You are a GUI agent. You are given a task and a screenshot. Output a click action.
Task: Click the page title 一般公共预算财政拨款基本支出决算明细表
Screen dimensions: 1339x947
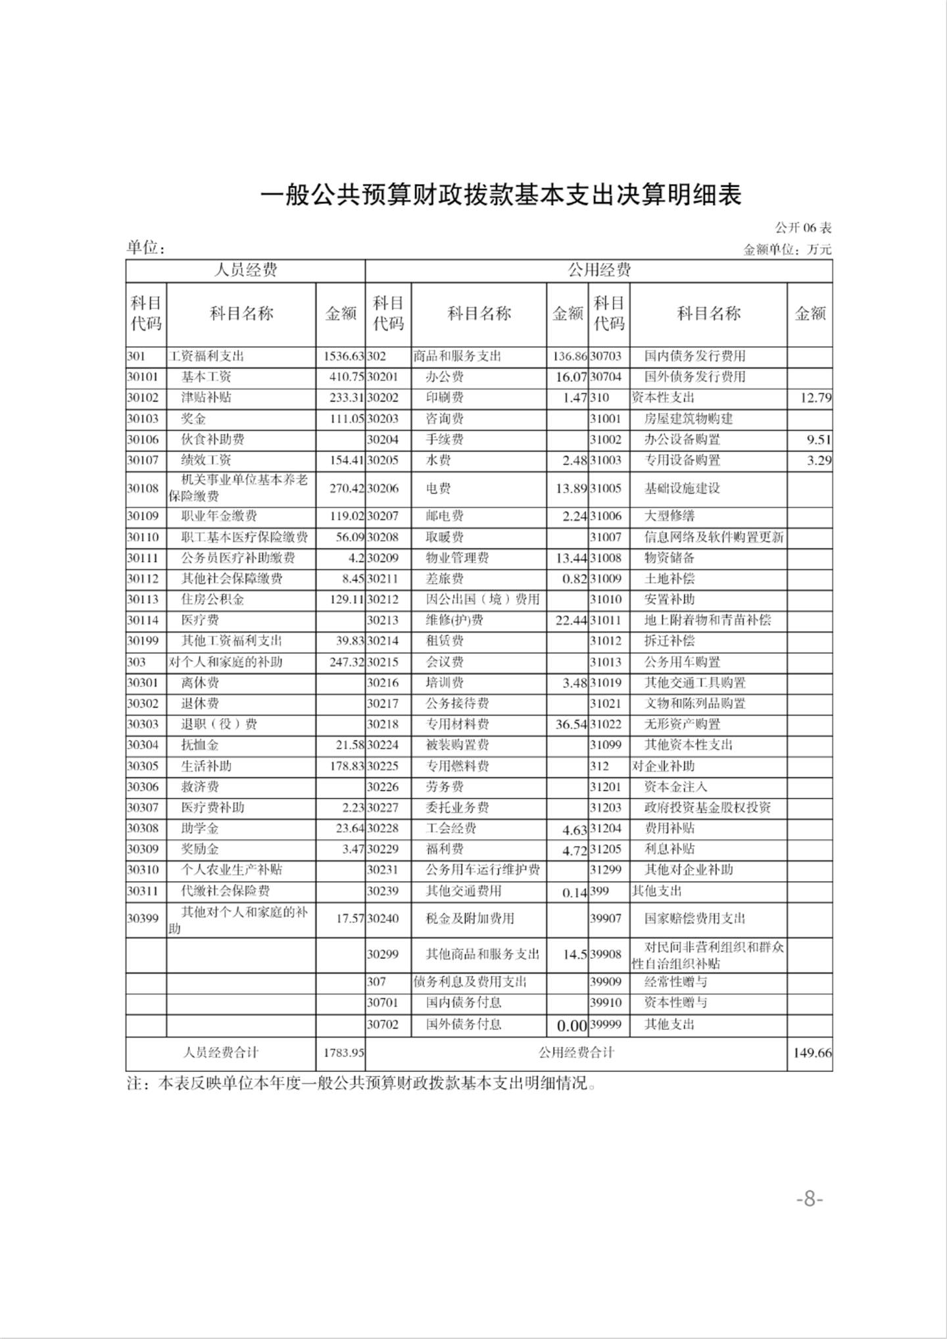point(501,195)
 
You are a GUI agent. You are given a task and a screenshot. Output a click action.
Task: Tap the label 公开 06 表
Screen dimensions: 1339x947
point(803,228)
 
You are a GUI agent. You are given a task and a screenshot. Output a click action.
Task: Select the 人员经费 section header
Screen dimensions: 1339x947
point(245,270)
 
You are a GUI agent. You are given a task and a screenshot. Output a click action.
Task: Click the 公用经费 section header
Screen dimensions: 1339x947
point(599,270)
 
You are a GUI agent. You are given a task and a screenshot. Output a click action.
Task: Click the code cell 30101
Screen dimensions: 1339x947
point(143,377)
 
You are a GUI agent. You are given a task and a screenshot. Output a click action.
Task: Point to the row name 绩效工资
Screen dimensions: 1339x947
point(206,460)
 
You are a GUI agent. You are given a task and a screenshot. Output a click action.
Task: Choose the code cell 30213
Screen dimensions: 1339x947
point(383,620)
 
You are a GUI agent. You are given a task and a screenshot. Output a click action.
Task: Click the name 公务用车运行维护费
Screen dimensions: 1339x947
point(483,870)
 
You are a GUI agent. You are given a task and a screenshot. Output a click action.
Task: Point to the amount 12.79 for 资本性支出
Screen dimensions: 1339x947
point(815,398)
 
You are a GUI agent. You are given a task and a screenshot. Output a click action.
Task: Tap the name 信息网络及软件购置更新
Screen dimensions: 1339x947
point(714,537)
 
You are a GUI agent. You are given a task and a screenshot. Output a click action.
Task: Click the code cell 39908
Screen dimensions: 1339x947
point(606,954)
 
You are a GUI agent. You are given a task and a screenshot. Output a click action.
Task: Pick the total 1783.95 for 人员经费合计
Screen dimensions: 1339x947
point(343,1053)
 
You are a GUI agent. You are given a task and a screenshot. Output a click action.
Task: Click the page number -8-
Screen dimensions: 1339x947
point(810,1199)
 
